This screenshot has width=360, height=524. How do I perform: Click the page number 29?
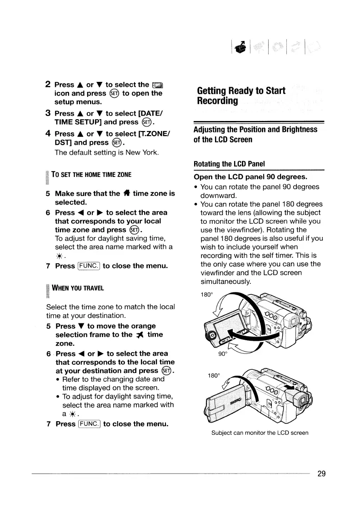(x=321, y=474)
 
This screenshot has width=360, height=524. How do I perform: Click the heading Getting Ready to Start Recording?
(x=241, y=95)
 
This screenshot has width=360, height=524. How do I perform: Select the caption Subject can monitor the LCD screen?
(x=260, y=433)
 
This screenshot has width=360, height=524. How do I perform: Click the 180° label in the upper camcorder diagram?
(x=207, y=295)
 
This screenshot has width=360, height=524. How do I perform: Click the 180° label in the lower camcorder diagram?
(x=214, y=376)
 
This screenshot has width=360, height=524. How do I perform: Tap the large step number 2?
(x=48, y=84)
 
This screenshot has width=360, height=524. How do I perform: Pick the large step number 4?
(x=48, y=134)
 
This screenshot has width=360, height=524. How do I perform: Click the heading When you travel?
(x=78, y=288)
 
